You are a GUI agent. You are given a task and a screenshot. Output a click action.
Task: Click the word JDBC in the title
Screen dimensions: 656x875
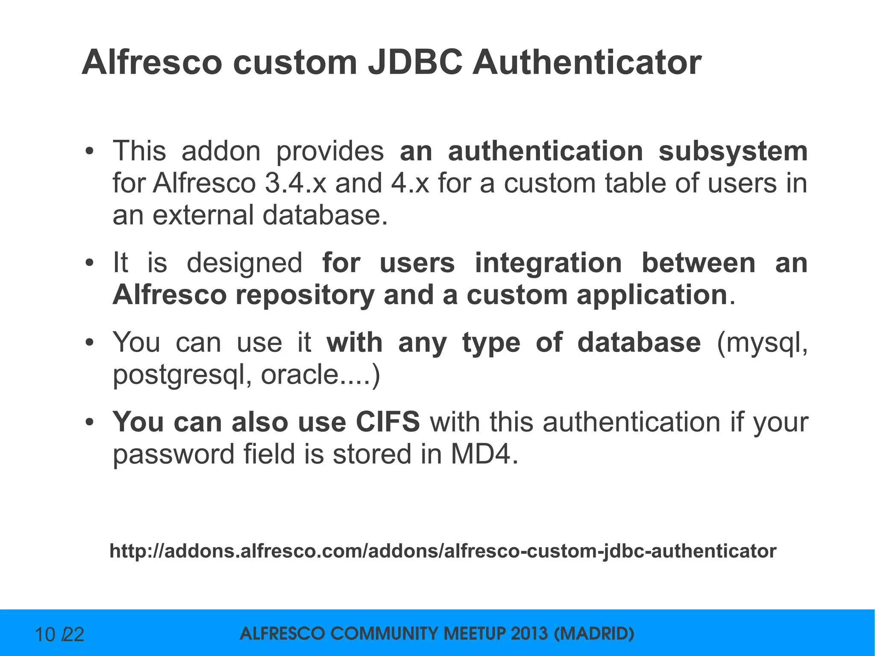(x=415, y=62)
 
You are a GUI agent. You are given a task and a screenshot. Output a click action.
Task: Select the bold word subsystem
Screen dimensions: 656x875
(x=733, y=151)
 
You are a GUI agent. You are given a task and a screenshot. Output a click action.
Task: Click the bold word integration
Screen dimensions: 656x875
(x=548, y=263)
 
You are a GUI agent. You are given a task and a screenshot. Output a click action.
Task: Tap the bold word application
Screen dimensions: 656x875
(x=652, y=296)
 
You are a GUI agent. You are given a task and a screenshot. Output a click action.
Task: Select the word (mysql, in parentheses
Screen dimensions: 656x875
(x=763, y=343)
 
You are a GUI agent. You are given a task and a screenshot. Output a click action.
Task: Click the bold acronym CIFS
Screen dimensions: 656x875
(x=388, y=422)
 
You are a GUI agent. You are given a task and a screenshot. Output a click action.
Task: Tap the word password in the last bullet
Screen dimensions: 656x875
(x=173, y=455)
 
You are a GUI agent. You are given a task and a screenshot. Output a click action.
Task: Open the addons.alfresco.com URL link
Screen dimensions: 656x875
(x=443, y=551)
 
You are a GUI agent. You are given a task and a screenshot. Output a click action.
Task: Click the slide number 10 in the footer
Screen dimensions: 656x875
(x=45, y=635)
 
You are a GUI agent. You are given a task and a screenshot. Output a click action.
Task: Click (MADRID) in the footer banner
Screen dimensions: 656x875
(x=594, y=633)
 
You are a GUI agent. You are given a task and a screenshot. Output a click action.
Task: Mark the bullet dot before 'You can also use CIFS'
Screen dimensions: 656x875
(x=89, y=423)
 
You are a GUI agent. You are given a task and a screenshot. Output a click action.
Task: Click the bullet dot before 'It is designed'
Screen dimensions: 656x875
(x=89, y=263)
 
